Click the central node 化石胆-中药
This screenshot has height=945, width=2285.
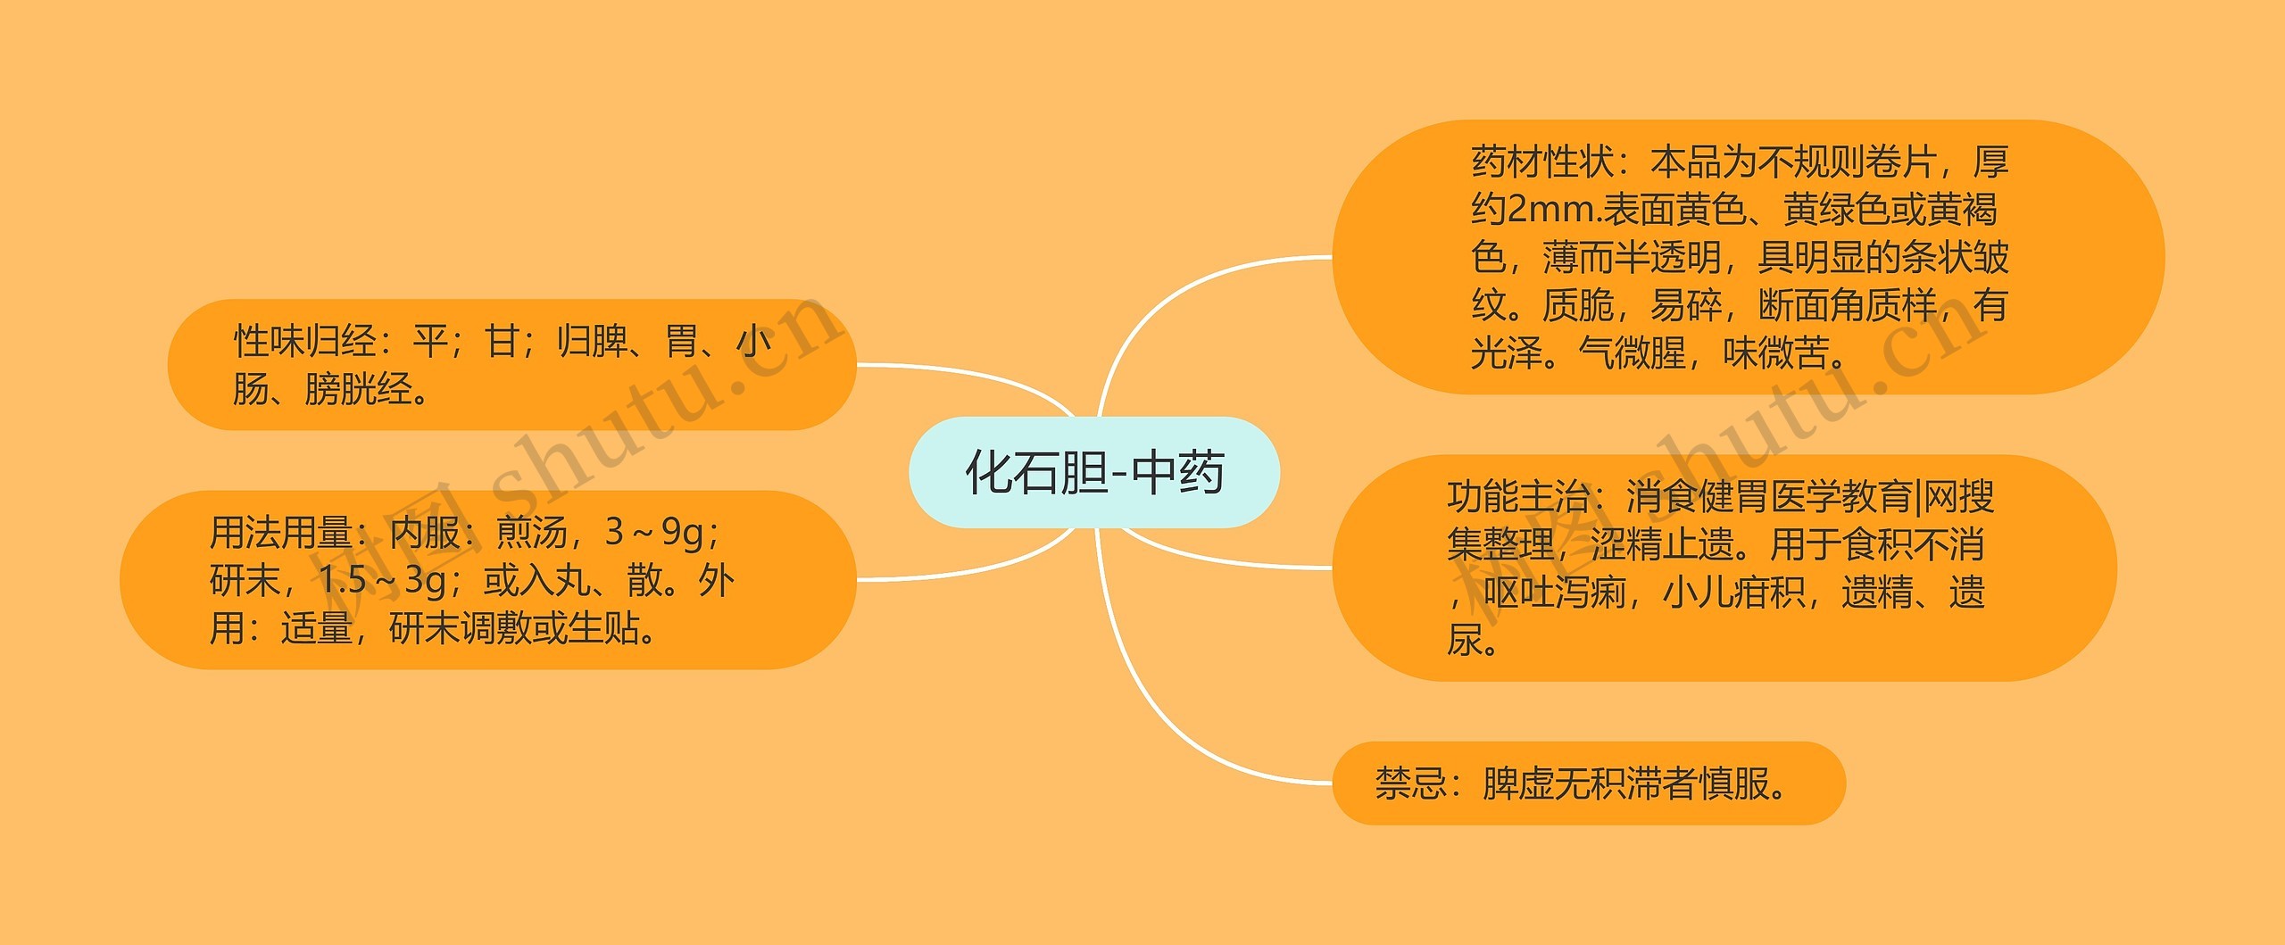pos(1094,472)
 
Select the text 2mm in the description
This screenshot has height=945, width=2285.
pos(1555,211)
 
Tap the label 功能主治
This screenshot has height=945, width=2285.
pos(1518,497)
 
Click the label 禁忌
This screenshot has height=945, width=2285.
pos(1410,784)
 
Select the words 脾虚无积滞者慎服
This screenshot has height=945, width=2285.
pos(1625,784)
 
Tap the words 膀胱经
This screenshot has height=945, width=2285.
pos(357,390)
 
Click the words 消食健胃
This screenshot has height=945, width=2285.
pos(1698,497)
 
